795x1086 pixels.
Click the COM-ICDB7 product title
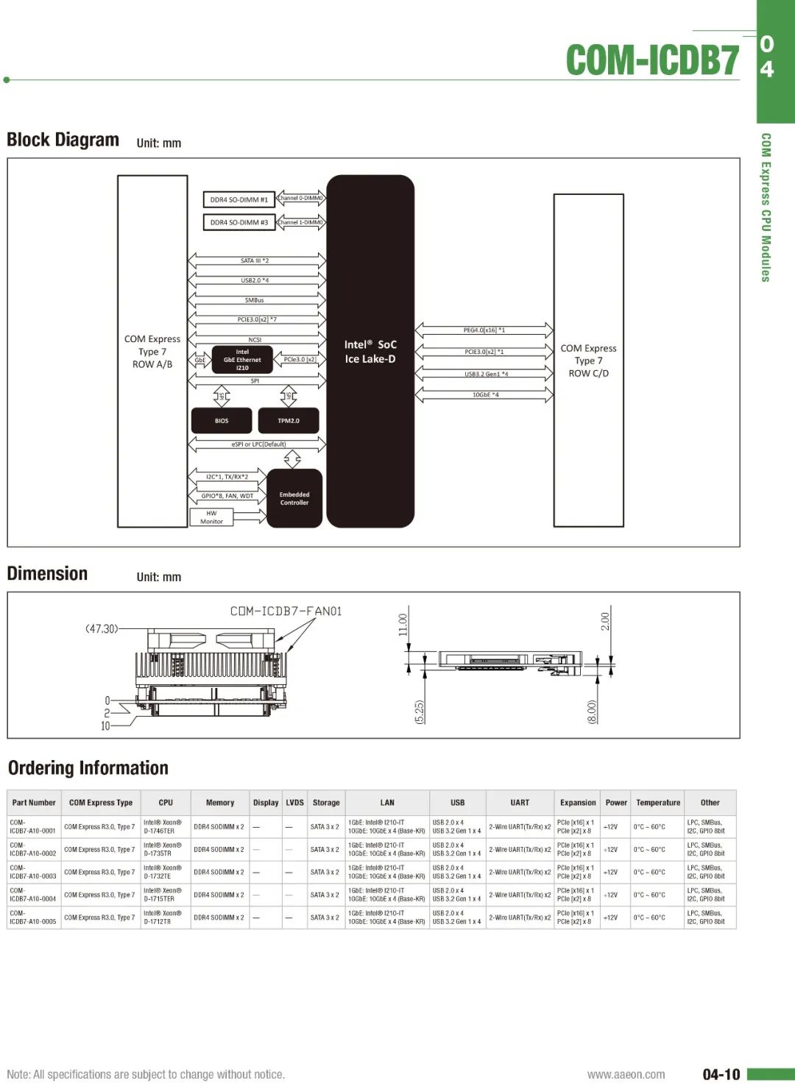click(x=652, y=60)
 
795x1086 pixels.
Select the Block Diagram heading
click(x=63, y=140)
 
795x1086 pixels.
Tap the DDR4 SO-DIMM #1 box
click(x=239, y=199)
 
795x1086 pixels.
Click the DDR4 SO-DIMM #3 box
click(x=239, y=222)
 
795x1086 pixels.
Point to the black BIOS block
click(x=222, y=421)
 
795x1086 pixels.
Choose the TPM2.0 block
click(x=289, y=421)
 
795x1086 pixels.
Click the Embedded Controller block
click(x=294, y=499)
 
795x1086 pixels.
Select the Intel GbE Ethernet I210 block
click(x=242, y=360)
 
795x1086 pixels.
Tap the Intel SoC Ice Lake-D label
click(x=370, y=352)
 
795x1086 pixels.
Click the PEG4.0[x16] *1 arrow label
click(x=484, y=330)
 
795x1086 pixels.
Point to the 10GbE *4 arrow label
click(x=485, y=395)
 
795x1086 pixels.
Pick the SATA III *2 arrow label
click(x=255, y=260)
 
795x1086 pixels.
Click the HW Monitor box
click(x=211, y=517)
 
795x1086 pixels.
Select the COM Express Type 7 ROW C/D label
click(x=588, y=361)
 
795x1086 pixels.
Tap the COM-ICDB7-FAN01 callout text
click(x=286, y=611)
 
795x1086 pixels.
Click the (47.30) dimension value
click(x=102, y=629)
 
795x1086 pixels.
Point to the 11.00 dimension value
click(x=403, y=625)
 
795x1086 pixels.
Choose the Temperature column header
click(x=658, y=803)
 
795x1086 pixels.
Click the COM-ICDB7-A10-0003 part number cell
click(x=33, y=872)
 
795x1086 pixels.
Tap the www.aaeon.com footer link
click(x=626, y=1074)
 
